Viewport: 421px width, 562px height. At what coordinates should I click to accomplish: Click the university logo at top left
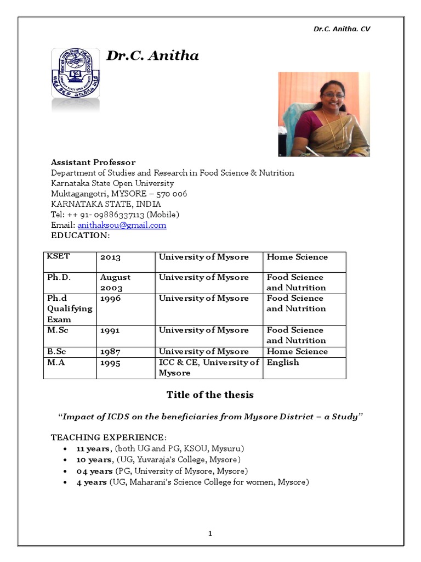(75, 73)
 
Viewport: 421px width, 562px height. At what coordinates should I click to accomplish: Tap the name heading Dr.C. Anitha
(152, 55)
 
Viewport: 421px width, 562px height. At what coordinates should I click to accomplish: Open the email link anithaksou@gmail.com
(122, 225)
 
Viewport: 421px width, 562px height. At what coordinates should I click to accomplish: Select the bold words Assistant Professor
(93, 162)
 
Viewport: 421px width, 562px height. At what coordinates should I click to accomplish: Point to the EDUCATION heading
(81, 235)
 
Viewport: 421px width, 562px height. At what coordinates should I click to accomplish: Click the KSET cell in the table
(59, 256)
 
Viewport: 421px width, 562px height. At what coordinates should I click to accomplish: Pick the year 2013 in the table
(110, 257)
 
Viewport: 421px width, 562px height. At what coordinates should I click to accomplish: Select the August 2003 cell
(115, 283)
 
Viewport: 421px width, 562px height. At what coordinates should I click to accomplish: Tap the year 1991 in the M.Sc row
(110, 330)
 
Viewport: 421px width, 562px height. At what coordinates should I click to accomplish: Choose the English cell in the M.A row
(283, 362)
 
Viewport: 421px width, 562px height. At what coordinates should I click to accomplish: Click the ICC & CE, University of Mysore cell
(208, 367)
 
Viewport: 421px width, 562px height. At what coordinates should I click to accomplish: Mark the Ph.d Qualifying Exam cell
(70, 308)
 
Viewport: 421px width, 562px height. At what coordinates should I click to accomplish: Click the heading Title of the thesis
(210, 395)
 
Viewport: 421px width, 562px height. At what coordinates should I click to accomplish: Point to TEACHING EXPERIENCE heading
(109, 437)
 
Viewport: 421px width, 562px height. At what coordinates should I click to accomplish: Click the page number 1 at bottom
(210, 533)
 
